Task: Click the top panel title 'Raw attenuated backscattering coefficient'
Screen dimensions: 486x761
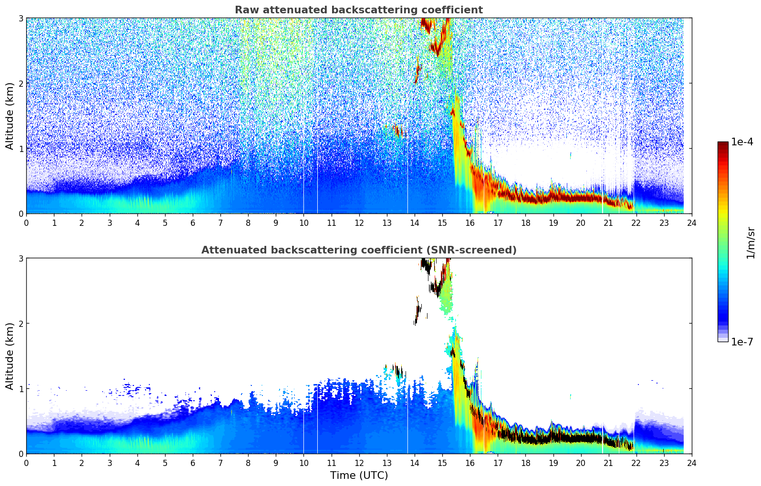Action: tap(358, 10)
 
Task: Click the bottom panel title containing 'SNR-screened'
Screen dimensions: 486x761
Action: tap(358, 250)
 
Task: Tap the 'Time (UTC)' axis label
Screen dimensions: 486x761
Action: tap(359, 476)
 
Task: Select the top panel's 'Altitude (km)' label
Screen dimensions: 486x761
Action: tap(10, 116)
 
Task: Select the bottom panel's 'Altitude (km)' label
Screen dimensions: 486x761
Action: tap(10, 356)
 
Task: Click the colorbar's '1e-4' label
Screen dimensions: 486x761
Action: tap(742, 142)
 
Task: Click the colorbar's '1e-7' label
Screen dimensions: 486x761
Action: tap(742, 342)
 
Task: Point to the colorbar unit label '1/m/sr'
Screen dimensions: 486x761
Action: tap(751, 242)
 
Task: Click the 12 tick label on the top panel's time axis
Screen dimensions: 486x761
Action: tap(359, 223)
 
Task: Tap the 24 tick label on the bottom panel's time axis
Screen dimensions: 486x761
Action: tap(691, 463)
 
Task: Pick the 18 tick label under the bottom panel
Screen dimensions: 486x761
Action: tap(525, 463)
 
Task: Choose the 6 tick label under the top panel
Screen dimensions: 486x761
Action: tap(193, 223)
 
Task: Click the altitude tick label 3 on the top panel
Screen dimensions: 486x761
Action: tap(21, 18)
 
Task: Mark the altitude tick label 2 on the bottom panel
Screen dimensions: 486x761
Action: tap(21, 324)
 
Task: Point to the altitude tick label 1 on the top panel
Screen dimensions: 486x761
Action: tap(21, 149)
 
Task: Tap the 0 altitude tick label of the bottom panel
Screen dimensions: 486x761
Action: tap(21, 454)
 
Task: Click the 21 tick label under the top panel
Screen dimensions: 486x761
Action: tap(608, 223)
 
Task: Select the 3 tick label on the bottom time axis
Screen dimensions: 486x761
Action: tap(110, 463)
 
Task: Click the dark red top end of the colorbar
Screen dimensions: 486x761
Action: tap(723, 144)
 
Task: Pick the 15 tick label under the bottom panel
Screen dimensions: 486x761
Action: tap(442, 463)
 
